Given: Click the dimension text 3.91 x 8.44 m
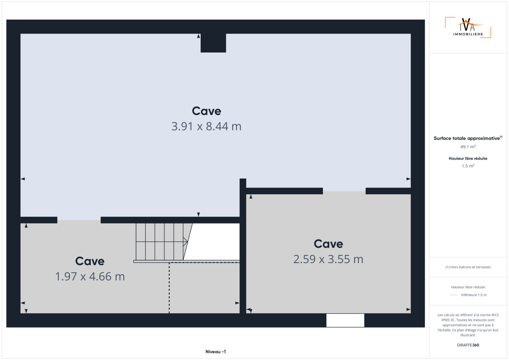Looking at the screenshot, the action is [206, 126].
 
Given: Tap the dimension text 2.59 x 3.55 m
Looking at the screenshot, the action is [328, 259].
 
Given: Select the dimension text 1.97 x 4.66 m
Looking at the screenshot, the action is [90, 277].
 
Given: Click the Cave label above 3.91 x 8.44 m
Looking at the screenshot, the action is [206, 111].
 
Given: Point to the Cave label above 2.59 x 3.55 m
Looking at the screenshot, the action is [328, 244].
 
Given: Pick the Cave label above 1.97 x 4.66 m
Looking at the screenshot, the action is [90, 261].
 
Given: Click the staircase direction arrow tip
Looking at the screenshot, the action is [187, 242].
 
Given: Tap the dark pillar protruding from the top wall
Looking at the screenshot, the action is [213, 43].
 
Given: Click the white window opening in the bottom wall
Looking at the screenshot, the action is [345, 320].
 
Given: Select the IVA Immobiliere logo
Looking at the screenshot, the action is [468, 27].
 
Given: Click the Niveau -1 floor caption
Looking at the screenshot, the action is [216, 352].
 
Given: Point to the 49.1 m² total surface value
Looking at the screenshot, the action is [468, 147].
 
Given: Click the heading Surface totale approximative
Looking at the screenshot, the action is [467, 138].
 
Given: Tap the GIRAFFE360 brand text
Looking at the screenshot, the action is [468, 345].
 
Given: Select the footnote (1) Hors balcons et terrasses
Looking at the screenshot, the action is [468, 267].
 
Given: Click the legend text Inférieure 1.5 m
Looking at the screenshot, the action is [474, 295].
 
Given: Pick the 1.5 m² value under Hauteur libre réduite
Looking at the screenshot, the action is [468, 166].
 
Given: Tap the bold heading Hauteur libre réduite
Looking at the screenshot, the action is [468, 159].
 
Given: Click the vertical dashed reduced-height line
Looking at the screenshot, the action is [169, 288].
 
